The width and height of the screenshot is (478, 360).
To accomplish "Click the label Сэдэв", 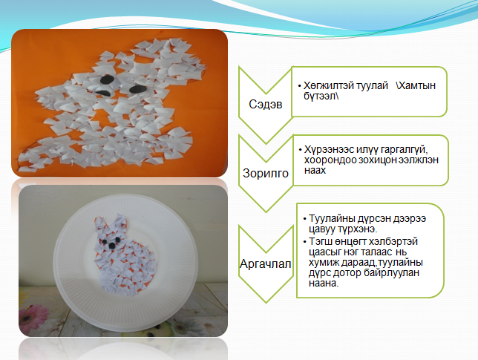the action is pyautogui.click(x=266, y=105).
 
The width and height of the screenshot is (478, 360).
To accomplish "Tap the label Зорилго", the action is pyautogui.click(x=266, y=173).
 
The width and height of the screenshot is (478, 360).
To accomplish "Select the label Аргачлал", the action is pyautogui.click(x=265, y=264).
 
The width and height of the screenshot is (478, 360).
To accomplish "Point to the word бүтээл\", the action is pyautogui.click(x=321, y=96).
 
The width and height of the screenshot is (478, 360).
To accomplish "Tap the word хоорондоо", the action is pyautogui.click(x=330, y=160).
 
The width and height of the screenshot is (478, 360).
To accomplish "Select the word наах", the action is pyautogui.click(x=315, y=170).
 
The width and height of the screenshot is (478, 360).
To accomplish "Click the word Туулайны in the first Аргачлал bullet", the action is pyautogui.click(x=332, y=219).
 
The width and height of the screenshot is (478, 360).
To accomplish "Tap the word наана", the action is pyautogui.click(x=324, y=284).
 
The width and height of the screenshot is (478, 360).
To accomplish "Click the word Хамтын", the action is pyautogui.click(x=416, y=86).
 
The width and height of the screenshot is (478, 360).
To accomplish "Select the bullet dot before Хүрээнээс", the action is pyautogui.click(x=301, y=150).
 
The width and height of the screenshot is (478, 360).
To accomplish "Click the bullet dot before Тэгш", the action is pyautogui.click(x=305, y=242).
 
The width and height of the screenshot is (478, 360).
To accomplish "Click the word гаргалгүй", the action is pyautogui.click(x=405, y=150).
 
